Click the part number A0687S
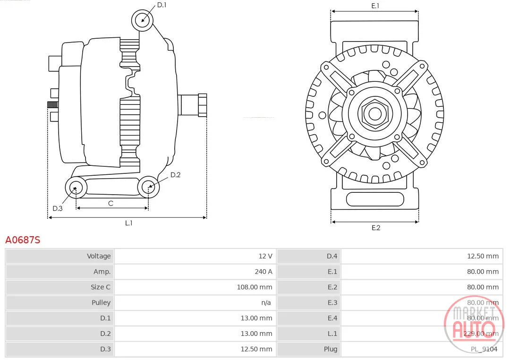point(23,240)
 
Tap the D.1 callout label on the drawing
point(161,5)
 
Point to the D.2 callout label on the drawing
point(175,175)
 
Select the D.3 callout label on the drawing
point(58,208)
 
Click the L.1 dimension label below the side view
point(129,223)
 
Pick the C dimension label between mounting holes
point(110,204)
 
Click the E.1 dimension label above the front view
point(375,6)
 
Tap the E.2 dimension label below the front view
point(376,228)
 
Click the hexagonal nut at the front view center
point(375,114)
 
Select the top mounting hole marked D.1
point(143,20)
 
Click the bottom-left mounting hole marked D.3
point(76,188)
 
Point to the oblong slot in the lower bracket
point(375,199)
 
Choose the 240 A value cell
point(263,272)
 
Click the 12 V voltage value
point(265,256)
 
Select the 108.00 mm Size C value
point(255,287)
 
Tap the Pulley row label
point(101,303)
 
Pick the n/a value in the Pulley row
point(266,303)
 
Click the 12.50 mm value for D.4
point(483,256)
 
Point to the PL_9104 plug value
point(484,349)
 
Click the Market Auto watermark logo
point(474,324)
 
